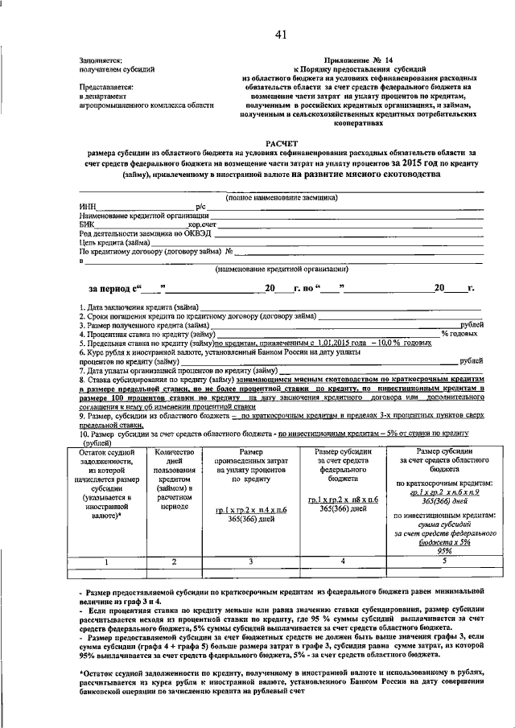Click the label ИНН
pos(88,207)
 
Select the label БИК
pos(88,224)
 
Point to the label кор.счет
pos(202,224)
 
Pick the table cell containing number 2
pos(175,561)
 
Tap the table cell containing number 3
pos(250,561)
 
